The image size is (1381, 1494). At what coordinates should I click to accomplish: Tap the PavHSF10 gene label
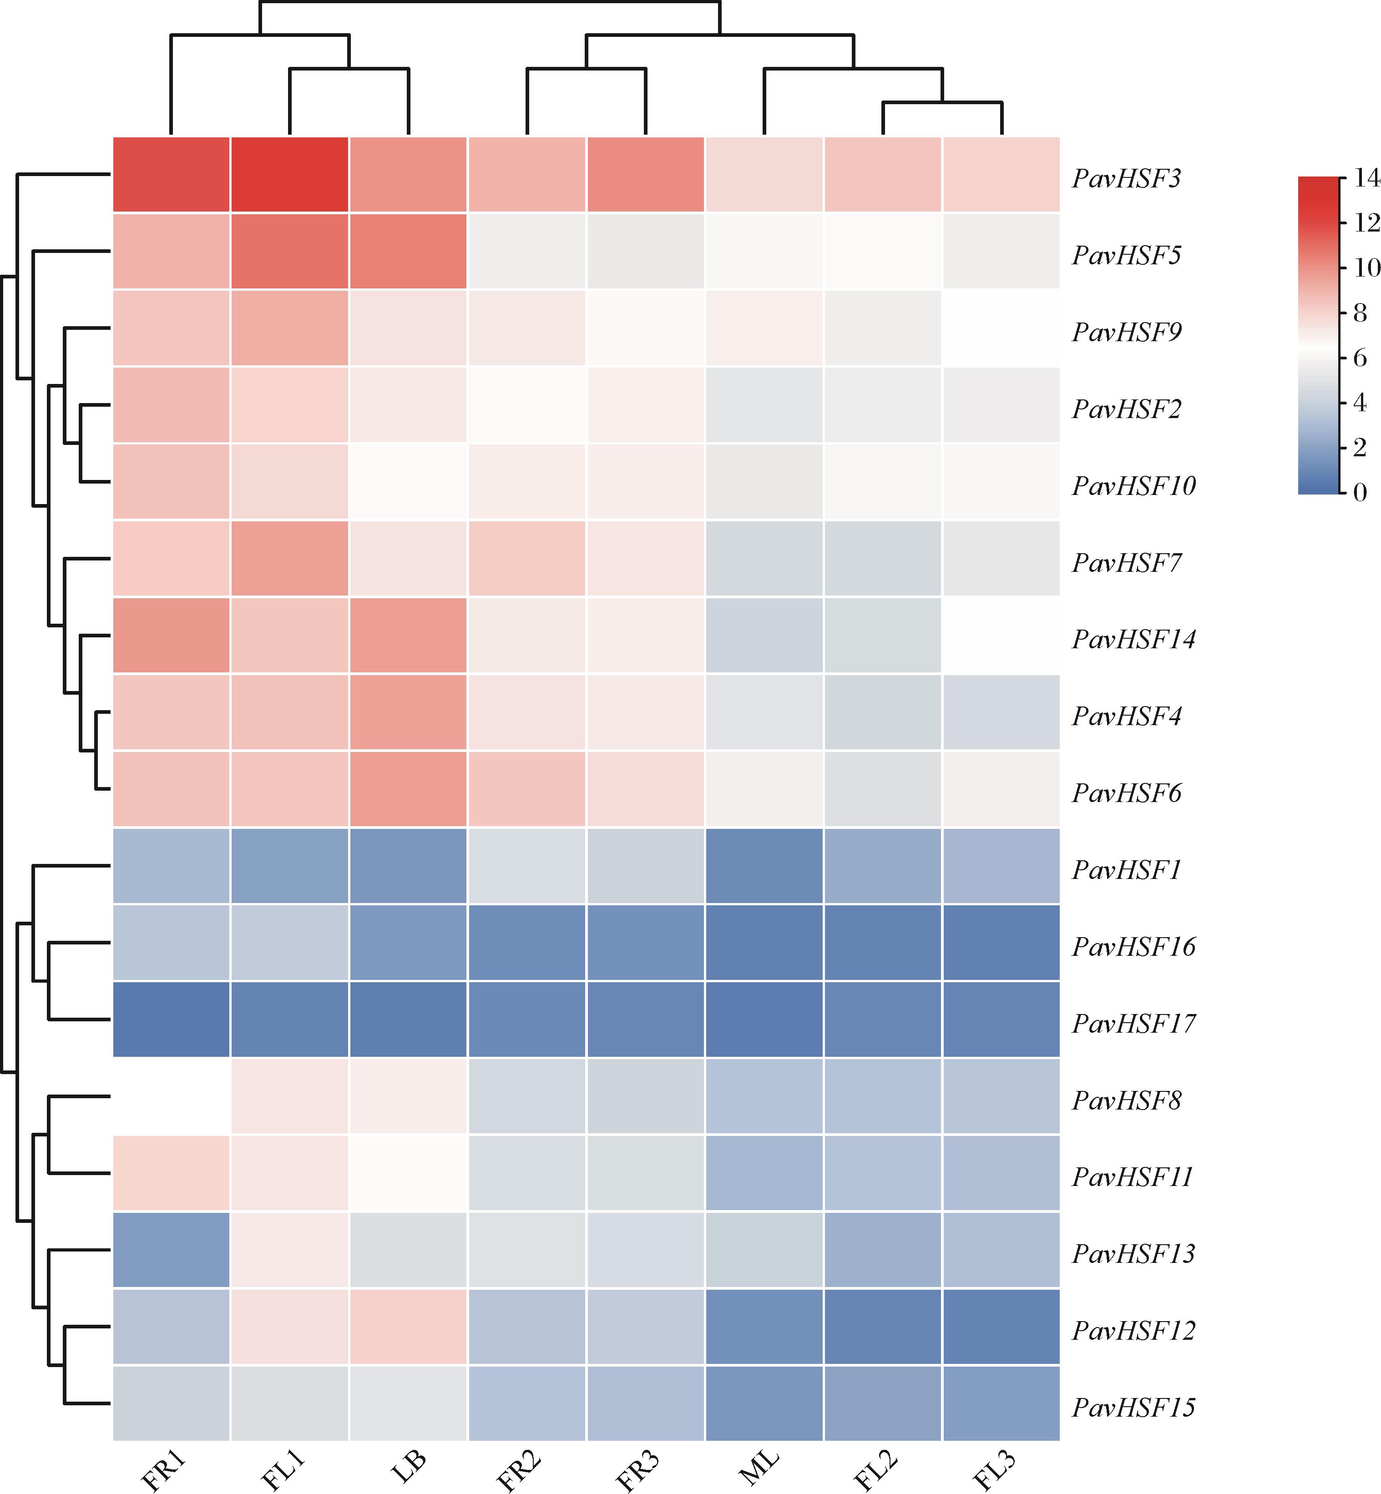tap(1133, 485)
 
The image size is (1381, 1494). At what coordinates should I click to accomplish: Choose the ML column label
tap(759, 1469)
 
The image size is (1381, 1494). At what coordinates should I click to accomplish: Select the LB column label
tap(408, 1466)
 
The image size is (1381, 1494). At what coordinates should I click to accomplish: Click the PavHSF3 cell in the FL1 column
tap(290, 175)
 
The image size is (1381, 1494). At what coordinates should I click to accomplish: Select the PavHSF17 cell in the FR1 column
tap(171, 1019)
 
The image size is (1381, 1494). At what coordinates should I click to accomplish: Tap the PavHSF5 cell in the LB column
tap(408, 251)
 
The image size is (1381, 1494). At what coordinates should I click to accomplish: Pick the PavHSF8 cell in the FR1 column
tap(171, 1096)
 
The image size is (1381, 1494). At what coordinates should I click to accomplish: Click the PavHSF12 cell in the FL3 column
tap(1002, 1326)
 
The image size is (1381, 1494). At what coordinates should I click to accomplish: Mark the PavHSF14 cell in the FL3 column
tap(1002, 635)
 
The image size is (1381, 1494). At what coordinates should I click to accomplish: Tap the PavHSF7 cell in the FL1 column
tap(290, 558)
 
